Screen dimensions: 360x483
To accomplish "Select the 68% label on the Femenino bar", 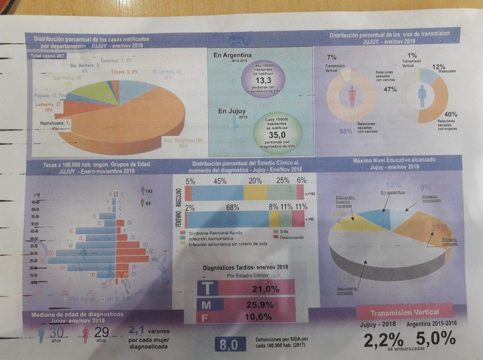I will pyautogui.click(x=232, y=207).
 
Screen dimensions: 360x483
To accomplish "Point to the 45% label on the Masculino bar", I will pyautogui.click(x=219, y=181).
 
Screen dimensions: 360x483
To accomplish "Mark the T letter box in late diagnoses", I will pyautogui.click(x=208, y=289).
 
